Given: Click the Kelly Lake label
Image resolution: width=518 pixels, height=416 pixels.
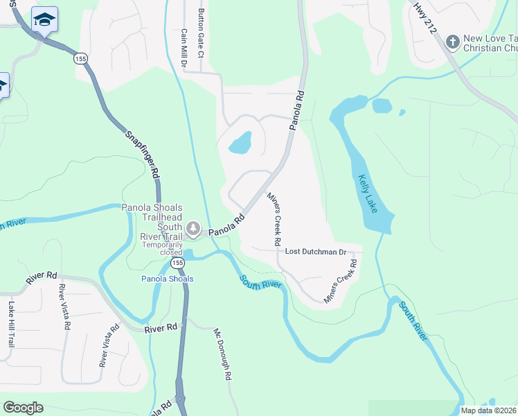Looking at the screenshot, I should (x=367, y=193).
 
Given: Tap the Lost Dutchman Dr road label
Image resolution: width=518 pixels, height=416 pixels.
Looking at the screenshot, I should (x=315, y=252).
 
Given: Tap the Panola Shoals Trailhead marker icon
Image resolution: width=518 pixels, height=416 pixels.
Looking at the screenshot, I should (x=193, y=228).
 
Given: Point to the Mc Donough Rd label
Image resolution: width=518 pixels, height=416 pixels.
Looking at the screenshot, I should (x=222, y=354).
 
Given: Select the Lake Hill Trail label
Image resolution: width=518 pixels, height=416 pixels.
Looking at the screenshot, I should (x=11, y=324).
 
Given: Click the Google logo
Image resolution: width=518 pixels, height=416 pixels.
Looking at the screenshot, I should (x=23, y=408).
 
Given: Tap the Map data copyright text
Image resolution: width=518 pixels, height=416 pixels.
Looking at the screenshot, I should (x=488, y=410).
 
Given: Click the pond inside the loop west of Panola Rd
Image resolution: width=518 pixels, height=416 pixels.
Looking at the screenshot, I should (x=240, y=144).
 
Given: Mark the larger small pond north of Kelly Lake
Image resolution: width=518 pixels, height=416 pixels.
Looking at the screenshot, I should (x=382, y=105).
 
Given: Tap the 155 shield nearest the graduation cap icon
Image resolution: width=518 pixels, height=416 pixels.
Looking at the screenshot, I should (x=81, y=59).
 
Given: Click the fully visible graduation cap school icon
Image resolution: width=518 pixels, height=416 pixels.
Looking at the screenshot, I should (x=44, y=20).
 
